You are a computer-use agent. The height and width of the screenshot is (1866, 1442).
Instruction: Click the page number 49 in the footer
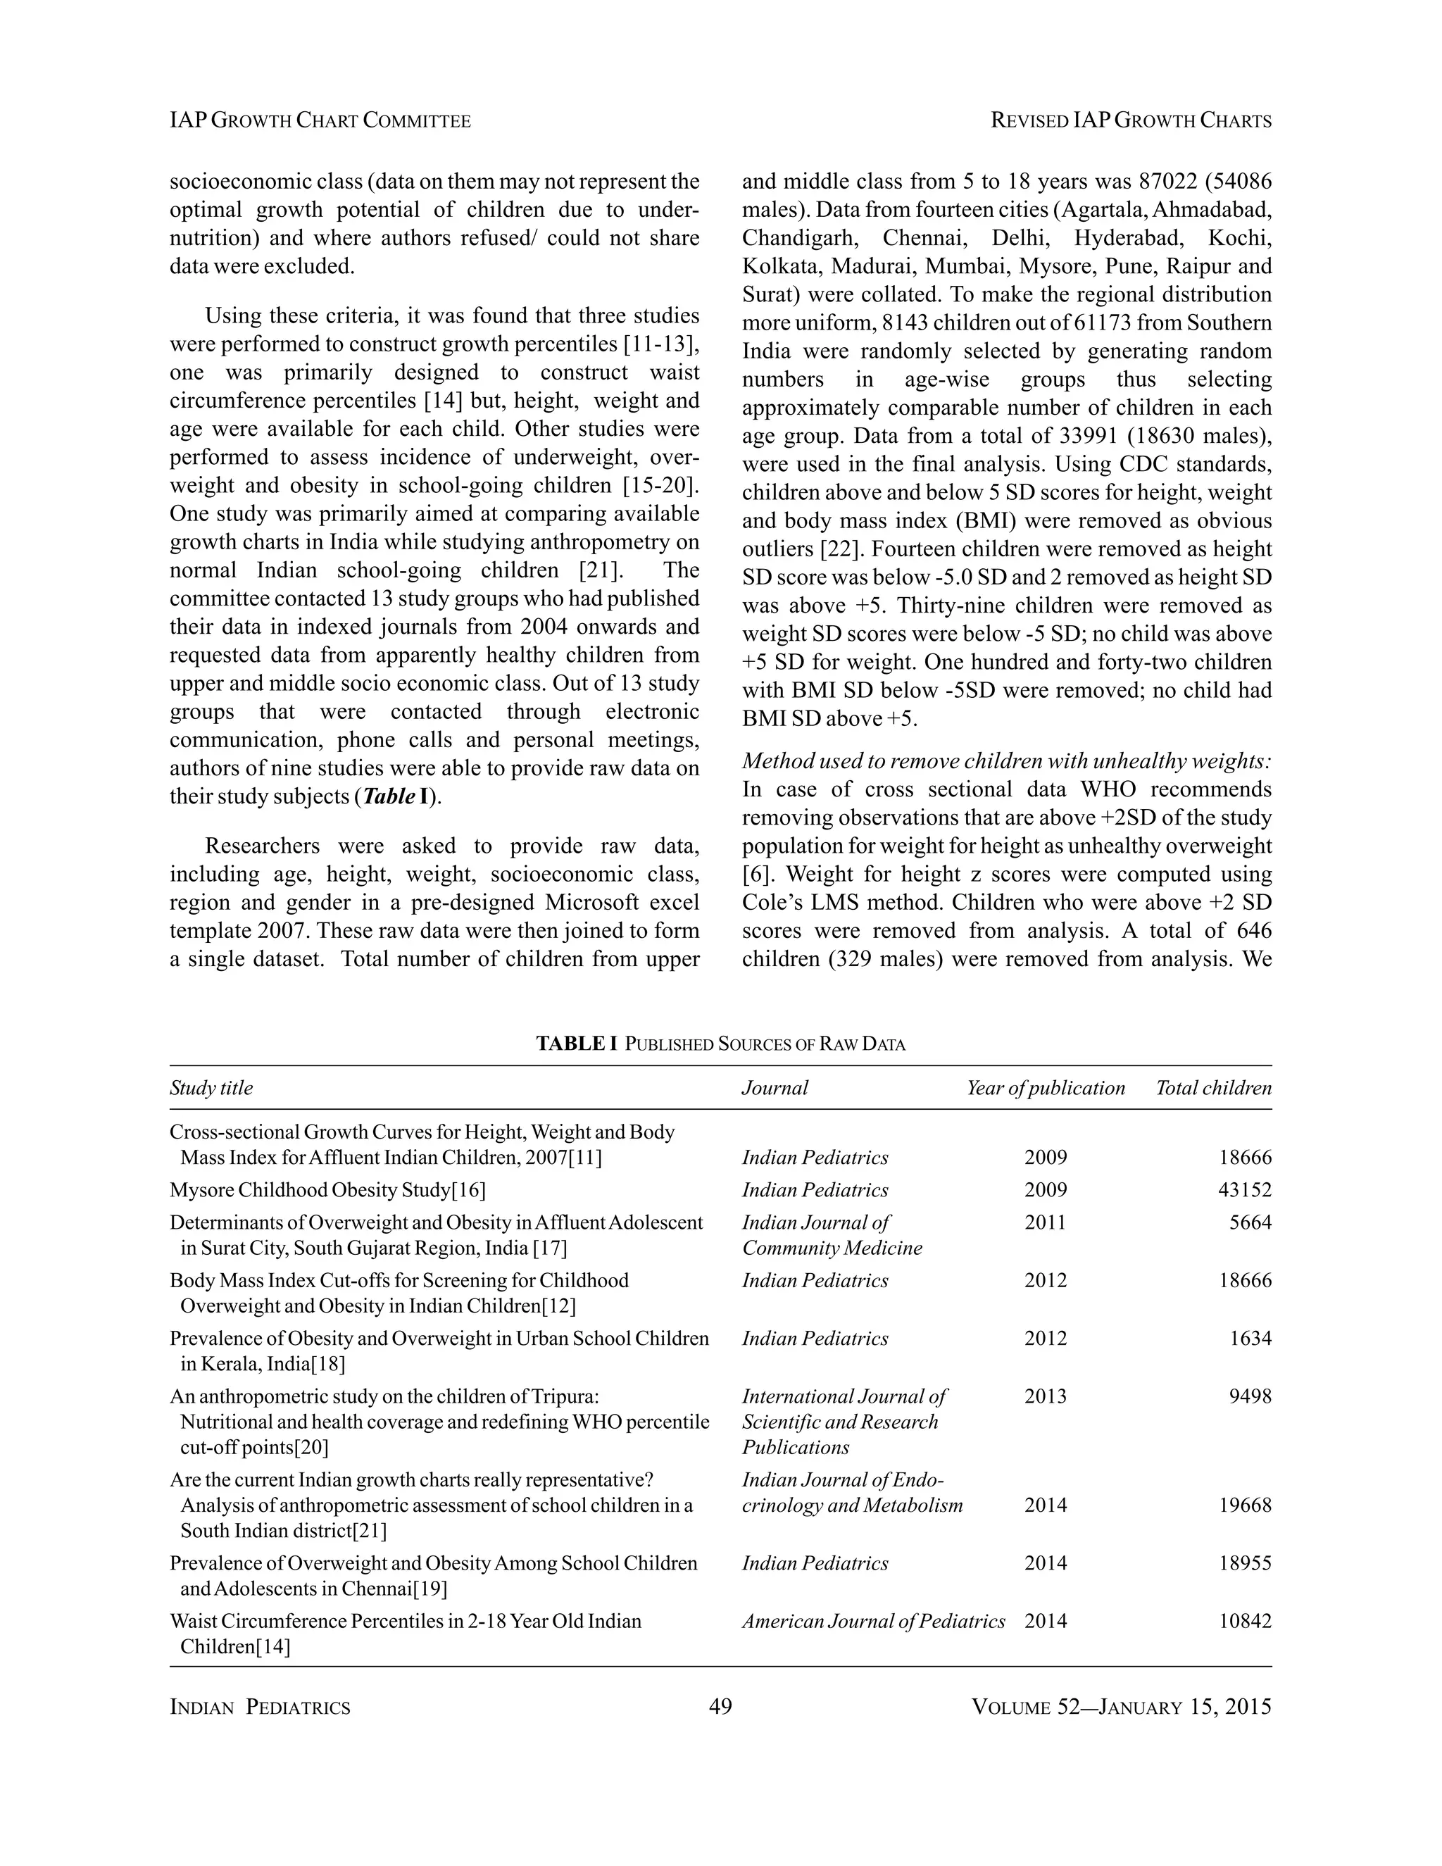click(x=720, y=1706)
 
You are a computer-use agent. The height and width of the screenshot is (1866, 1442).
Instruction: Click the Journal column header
click(x=774, y=1088)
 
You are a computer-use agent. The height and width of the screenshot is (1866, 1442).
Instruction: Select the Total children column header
click(x=1213, y=1088)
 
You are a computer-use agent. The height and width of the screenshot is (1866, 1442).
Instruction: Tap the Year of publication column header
click(x=1046, y=1088)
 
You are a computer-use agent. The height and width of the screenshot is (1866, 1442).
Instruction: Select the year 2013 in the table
click(x=1046, y=1396)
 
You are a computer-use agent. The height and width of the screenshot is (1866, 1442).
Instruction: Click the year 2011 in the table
click(x=1046, y=1222)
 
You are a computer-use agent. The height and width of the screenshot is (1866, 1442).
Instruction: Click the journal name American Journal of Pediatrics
click(x=873, y=1621)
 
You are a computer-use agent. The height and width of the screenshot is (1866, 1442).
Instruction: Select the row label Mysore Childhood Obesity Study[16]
click(x=327, y=1189)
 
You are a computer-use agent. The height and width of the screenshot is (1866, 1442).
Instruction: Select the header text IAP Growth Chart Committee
click(x=320, y=120)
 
